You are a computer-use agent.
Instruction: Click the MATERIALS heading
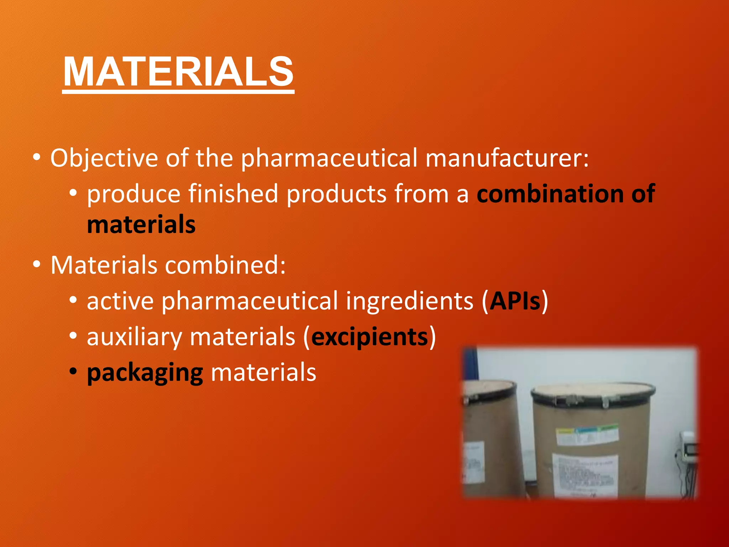tap(178, 72)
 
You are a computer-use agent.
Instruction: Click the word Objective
tap(104, 158)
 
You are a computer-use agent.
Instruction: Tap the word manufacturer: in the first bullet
tap(507, 158)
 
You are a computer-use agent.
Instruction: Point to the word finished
tap(233, 194)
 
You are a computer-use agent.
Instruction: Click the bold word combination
tap(550, 194)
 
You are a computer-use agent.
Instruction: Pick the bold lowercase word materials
tap(141, 225)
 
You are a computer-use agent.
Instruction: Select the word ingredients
tap(410, 301)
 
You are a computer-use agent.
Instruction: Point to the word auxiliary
tap(134, 337)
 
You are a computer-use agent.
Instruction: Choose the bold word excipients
tap(369, 337)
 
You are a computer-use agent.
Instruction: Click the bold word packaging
tap(145, 373)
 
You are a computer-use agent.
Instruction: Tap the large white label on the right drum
tap(584, 475)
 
